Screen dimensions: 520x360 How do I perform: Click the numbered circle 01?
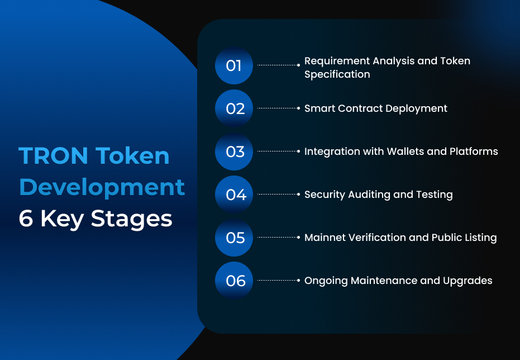234,65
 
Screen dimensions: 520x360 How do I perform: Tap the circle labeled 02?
234,108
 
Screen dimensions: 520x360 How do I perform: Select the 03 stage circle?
234,151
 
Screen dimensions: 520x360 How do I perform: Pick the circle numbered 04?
234,195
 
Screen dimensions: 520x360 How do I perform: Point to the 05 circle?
234,238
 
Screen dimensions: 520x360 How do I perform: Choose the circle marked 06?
234,281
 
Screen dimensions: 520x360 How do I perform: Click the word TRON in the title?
54,155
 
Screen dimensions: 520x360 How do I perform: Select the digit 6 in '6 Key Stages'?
26,219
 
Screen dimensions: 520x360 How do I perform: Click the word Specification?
337,75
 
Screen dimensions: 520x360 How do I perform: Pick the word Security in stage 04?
325,195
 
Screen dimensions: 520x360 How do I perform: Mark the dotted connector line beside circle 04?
278,195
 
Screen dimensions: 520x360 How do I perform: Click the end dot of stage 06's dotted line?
298,281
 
